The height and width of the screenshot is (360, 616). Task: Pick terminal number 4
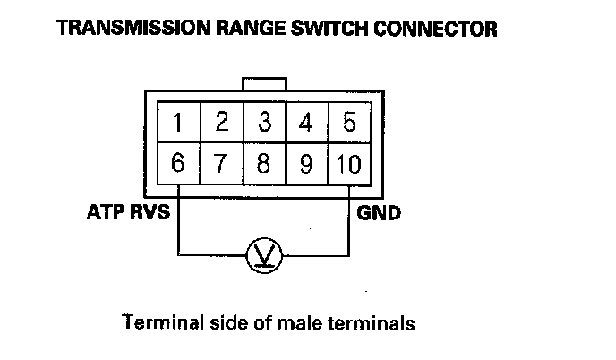(x=307, y=122)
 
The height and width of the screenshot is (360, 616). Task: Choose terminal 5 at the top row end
(x=349, y=122)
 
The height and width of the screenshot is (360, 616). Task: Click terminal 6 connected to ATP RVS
(x=179, y=164)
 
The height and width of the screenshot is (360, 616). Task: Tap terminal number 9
(x=307, y=164)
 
